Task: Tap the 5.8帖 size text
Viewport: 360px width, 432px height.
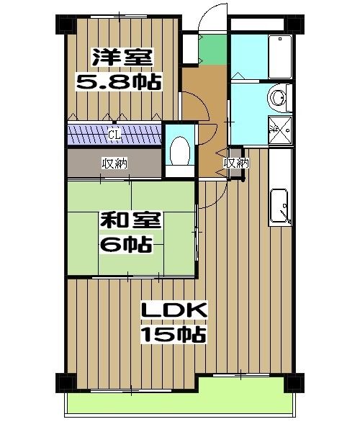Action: tap(119, 81)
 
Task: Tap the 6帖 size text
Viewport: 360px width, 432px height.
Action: tap(126, 245)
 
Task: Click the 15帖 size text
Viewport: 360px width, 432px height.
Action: tap(174, 336)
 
